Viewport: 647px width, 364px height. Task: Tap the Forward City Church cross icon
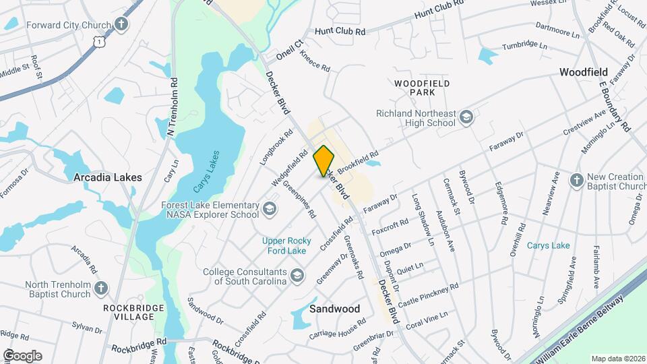[121, 25]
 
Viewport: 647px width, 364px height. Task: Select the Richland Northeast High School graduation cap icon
[466, 119]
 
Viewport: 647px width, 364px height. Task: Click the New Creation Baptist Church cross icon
[576, 180]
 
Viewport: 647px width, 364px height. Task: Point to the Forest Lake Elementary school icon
[270, 209]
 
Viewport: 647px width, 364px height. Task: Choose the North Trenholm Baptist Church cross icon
[101, 289]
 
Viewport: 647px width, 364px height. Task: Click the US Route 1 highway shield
[99, 42]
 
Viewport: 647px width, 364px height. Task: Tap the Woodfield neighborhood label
[584, 72]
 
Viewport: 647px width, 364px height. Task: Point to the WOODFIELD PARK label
[422, 87]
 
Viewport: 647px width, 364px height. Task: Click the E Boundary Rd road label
[613, 107]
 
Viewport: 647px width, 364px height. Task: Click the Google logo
[22, 355]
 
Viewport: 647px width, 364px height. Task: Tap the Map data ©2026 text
[617, 359]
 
